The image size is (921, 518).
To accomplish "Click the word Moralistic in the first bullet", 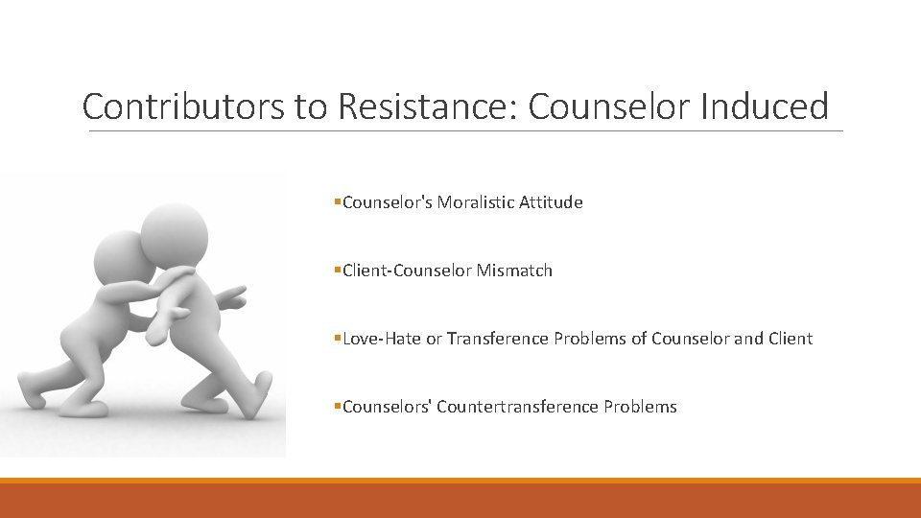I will point(476,202).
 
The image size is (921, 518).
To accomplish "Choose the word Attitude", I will point(551,202).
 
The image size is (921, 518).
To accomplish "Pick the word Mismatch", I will point(515,271).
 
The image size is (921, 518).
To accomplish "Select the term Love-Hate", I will point(382,339).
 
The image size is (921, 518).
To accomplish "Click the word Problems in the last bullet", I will point(640,407).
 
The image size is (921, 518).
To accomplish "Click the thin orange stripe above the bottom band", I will point(460,481).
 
